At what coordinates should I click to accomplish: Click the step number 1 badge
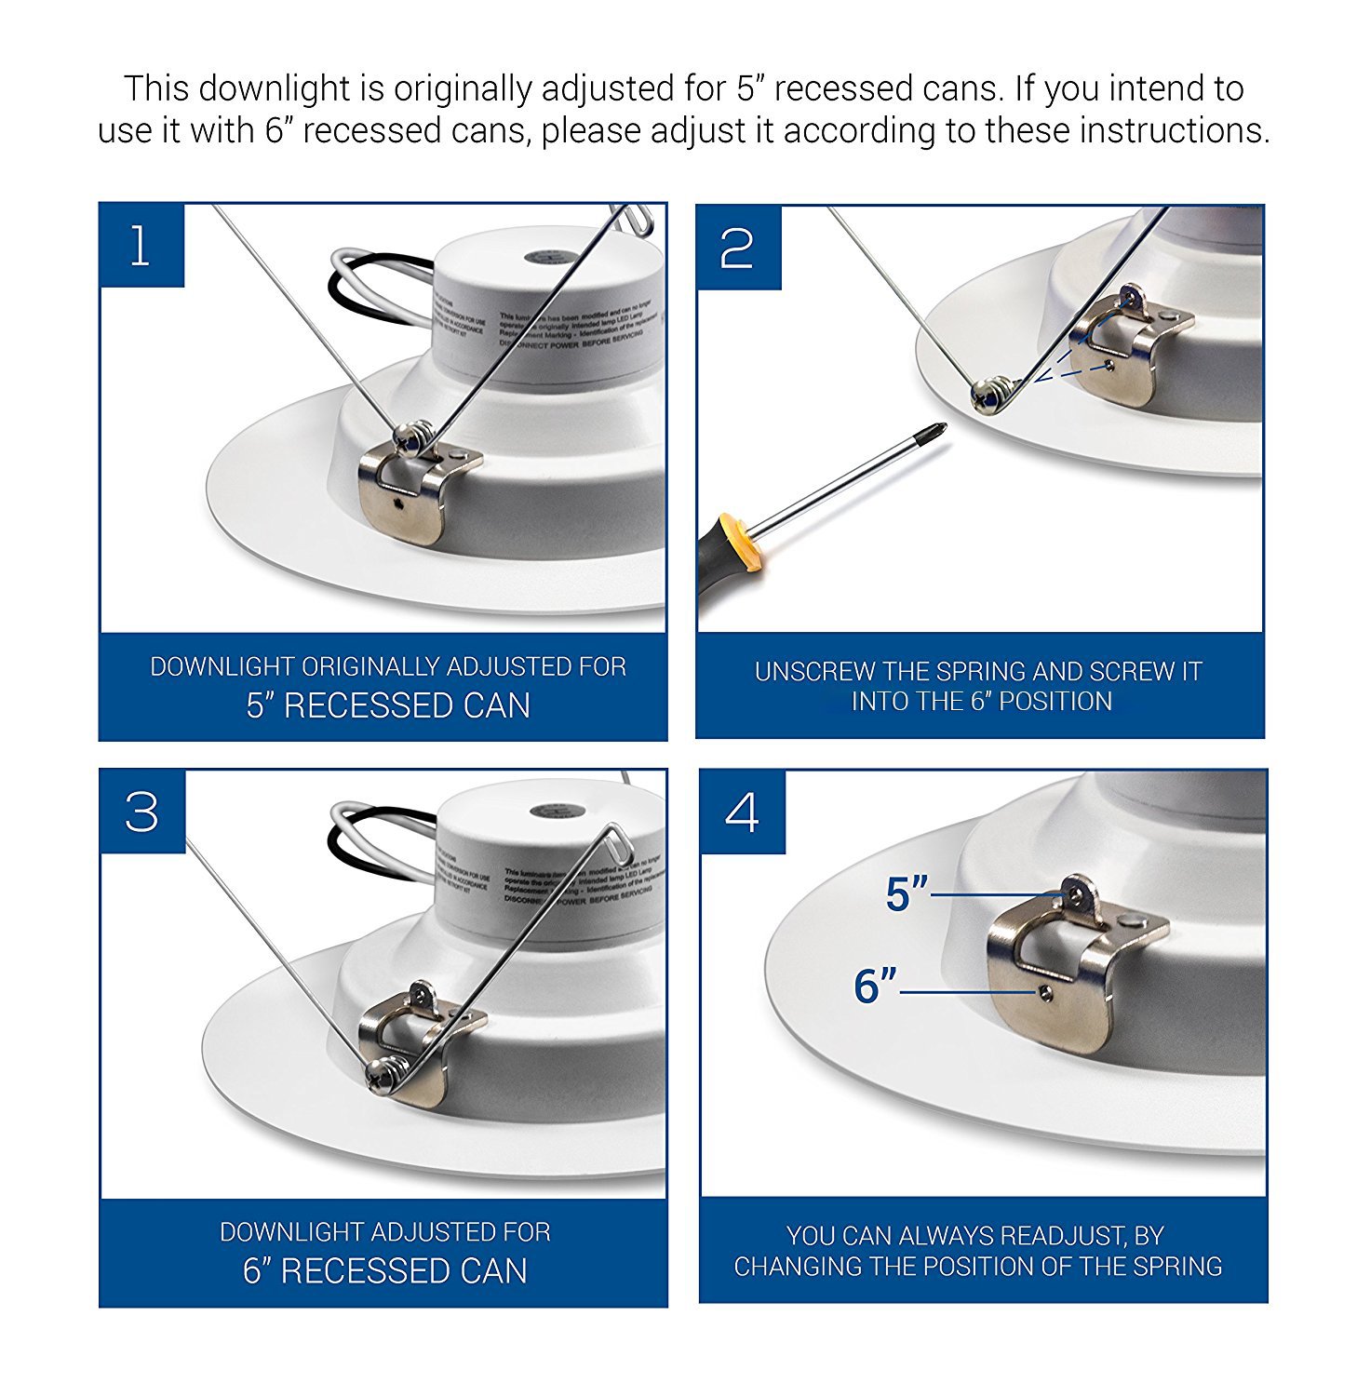[141, 247]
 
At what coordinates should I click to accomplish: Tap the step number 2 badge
[738, 248]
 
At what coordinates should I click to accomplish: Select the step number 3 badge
[142, 812]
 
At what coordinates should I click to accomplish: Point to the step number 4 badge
[742, 812]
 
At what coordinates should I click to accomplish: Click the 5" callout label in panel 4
[906, 895]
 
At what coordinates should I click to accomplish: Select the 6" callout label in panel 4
[875, 987]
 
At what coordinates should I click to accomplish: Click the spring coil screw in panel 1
[410, 436]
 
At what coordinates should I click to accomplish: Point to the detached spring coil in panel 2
[989, 395]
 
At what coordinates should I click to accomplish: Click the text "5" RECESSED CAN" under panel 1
[388, 706]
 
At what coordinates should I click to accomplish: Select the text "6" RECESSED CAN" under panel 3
[385, 1271]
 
